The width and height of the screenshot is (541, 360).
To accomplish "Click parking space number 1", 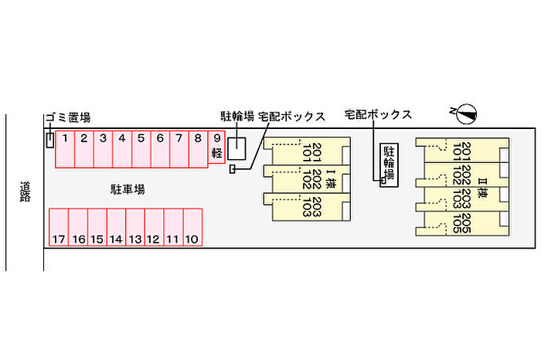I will coord(65,148).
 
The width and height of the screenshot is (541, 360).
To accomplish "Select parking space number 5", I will coord(141,148).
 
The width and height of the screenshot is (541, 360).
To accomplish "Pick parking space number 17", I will coord(59,227).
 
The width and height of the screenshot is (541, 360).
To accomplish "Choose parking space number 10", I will coord(192,227).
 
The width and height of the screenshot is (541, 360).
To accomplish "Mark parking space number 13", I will coord(134,227).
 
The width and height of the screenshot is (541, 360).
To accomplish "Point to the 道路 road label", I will coord(26,192).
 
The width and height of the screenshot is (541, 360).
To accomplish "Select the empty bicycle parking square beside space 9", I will coord(236,148).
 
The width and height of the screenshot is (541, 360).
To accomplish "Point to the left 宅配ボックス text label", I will coord(291,117).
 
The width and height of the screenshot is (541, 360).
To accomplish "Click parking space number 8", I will coord(198,148).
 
